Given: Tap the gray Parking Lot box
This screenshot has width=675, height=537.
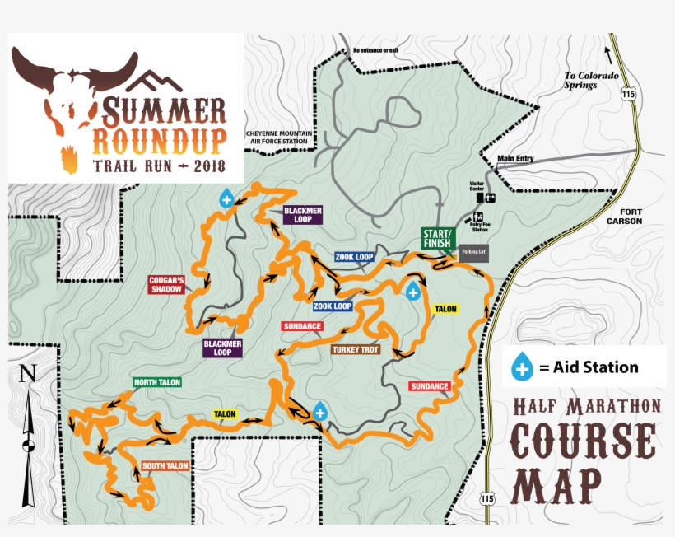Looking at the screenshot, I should (474, 252).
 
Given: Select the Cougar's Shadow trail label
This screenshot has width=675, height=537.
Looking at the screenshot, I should (165, 284).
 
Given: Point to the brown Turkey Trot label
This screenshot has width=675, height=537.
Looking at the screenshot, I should (355, 349).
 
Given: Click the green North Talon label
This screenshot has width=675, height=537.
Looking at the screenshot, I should (156, 382).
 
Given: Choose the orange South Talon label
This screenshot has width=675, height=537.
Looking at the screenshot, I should (165, 466).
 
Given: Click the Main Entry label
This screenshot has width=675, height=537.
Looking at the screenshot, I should (515, 159).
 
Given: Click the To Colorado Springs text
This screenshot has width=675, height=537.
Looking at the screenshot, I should (590, 80).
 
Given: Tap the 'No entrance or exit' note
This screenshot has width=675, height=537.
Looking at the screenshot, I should (375, 50).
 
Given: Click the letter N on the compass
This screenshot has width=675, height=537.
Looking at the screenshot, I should (28, 373).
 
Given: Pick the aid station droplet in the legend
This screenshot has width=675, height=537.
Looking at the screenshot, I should (522, 367).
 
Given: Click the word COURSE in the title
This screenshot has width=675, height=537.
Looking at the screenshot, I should (585, 443).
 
